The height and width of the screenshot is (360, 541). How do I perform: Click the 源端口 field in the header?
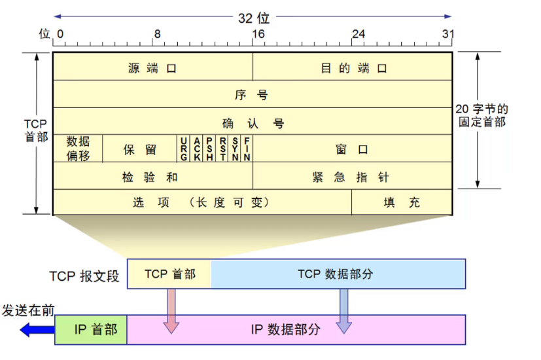tap(152, 67)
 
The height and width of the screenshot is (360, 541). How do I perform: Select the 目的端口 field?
tap(353, 67)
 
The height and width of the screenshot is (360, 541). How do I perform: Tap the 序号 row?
tap(252, 94)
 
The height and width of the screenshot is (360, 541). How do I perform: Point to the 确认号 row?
tap(252, 122)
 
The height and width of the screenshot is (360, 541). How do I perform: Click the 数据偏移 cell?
tap(78, 149)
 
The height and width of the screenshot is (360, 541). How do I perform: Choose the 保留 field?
tap(140, 149)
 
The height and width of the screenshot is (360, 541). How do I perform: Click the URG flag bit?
tap(184, 149)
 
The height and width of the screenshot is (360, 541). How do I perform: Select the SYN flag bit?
tap(236, 149)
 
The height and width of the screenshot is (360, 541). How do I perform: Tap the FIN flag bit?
tap(247, 149)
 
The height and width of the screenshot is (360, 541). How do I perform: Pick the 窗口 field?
tap(353, 149)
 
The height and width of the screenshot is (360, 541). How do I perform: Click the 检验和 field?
tap(152, 176)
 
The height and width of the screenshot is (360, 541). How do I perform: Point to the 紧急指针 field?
tap(353, 176)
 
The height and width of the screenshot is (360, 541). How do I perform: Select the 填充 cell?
tap(402, 202)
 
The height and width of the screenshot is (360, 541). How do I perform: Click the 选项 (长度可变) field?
tap(201, 202)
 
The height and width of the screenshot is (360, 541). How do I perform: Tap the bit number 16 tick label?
tap(258, 33)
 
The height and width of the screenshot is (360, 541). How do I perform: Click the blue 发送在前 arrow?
tap(37, 330)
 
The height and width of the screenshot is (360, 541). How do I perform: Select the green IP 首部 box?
tap(91, 330)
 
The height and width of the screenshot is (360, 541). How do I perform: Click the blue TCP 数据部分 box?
tap(338, 274)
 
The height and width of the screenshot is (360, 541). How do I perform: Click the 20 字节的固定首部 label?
tap(483, 116)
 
